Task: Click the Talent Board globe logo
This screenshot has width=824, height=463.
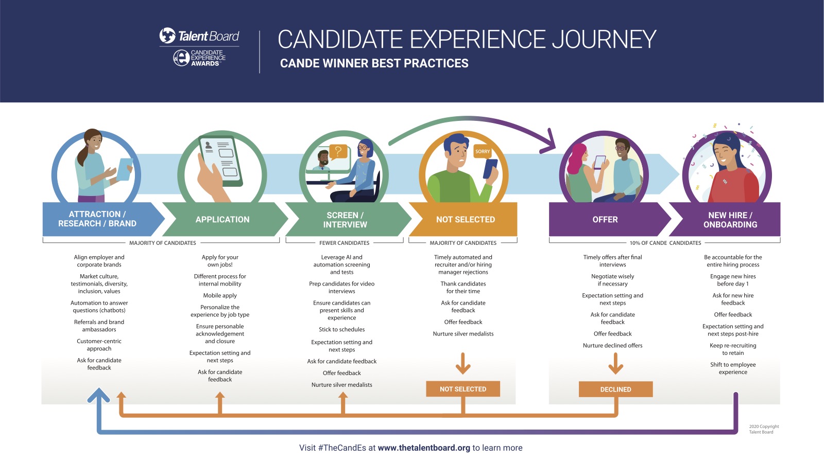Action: click(x=167, y=35)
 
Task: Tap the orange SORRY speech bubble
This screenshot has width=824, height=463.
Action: click(x=483, y=151)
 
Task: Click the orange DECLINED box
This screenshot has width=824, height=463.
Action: click(x=615, y=389)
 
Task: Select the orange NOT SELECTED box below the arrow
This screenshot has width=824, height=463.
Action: click(x=463, y=389)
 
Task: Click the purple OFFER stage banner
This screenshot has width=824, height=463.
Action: click(x=605, y=220)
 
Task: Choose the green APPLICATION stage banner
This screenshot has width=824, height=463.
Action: click(x=222, y=220)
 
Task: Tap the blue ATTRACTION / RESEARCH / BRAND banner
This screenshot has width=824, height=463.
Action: click(x=97, y=219)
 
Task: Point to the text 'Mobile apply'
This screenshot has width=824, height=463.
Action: click(x=220, y=296)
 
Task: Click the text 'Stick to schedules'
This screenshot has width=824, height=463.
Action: click(x=341, y=330)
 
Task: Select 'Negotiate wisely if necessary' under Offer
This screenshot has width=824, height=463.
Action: click(x=612, y=280)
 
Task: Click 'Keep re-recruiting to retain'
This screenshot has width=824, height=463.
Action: click(x=733, y=349)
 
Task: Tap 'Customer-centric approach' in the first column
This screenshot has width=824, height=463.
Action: click(x=99, y=345)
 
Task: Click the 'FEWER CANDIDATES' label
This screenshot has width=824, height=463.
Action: click(x=344, y=243)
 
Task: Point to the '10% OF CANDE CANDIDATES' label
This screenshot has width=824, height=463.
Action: click(x=665, y=243)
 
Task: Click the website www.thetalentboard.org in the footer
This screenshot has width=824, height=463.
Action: click(x=424, y=448)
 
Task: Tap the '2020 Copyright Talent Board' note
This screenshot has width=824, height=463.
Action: click(x=763, y=429)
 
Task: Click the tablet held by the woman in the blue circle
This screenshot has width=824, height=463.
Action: click(x=125, y=169)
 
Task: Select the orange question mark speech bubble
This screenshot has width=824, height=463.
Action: click(x=338, y=151)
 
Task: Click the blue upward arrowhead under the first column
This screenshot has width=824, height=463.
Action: click(x=98, y=395)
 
